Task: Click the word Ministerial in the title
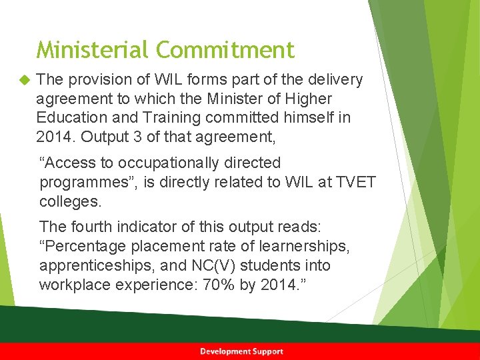point(93,50)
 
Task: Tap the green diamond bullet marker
point(25,81)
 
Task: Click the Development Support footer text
point(241,351)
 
